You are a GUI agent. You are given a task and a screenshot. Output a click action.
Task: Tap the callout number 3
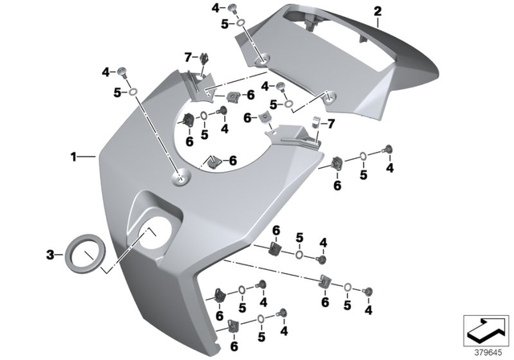click(50, 255)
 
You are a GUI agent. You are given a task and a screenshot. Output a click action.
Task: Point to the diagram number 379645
click(484, 350)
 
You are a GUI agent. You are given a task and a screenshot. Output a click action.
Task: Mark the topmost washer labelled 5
click(240, 26)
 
